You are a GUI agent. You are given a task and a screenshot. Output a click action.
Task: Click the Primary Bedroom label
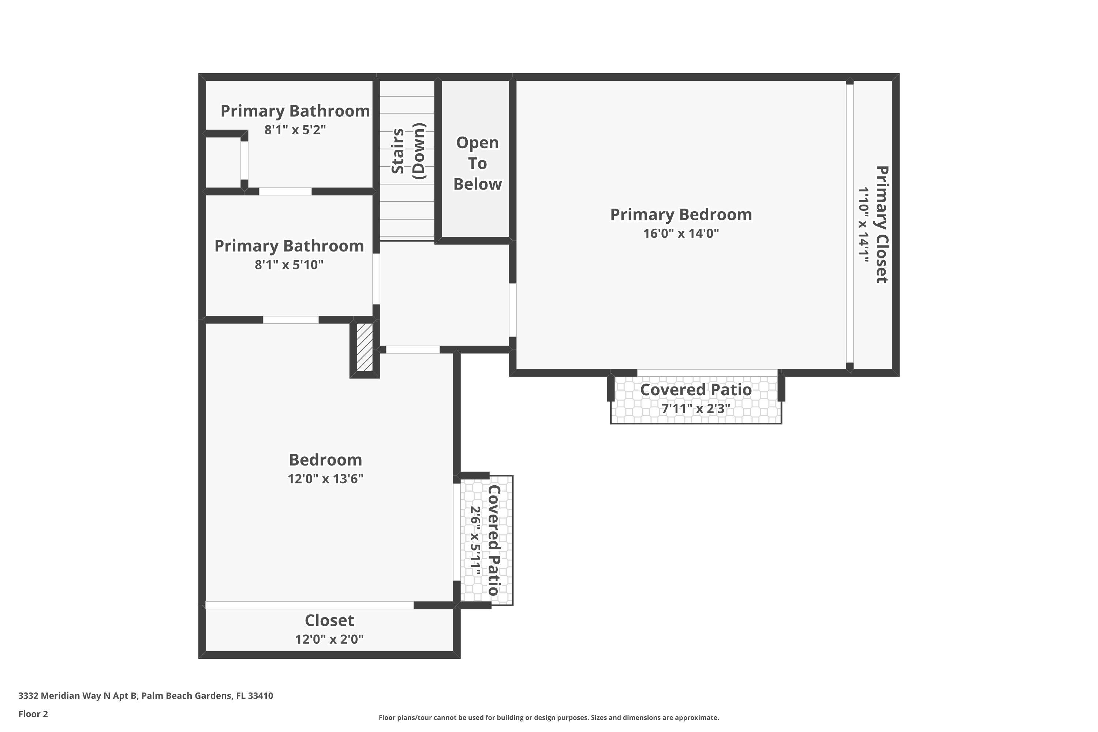click(681, 215)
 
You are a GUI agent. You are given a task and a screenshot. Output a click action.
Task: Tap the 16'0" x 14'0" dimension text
click(681, 234)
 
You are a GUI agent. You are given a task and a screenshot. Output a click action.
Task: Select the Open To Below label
click(477, 163)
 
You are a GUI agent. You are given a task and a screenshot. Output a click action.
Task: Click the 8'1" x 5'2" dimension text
click(295, 130)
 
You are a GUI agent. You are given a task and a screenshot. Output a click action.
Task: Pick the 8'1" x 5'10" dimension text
click(289, 265)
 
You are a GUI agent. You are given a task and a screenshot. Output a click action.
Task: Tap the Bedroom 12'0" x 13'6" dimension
click(325, 479)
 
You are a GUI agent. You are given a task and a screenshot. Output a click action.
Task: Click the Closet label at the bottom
click(329, 620)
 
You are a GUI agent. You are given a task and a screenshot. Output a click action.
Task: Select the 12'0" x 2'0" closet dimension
click(329, 639)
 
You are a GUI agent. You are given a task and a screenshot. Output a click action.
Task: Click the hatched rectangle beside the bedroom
click(365, 347)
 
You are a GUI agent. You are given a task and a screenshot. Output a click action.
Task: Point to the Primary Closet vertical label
click(881, 224)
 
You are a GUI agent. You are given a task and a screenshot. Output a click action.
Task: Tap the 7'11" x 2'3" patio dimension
click(696, 409)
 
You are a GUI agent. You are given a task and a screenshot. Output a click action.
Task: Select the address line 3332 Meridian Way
click(146, 696)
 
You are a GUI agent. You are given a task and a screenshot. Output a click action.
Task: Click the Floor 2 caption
click(33, 714)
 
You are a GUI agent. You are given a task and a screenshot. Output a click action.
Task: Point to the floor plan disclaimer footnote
click(549, 717)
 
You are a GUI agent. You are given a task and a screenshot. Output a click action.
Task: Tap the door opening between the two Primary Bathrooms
click(285, 191)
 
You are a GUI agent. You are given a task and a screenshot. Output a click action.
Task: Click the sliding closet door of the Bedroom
click(310, 605)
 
